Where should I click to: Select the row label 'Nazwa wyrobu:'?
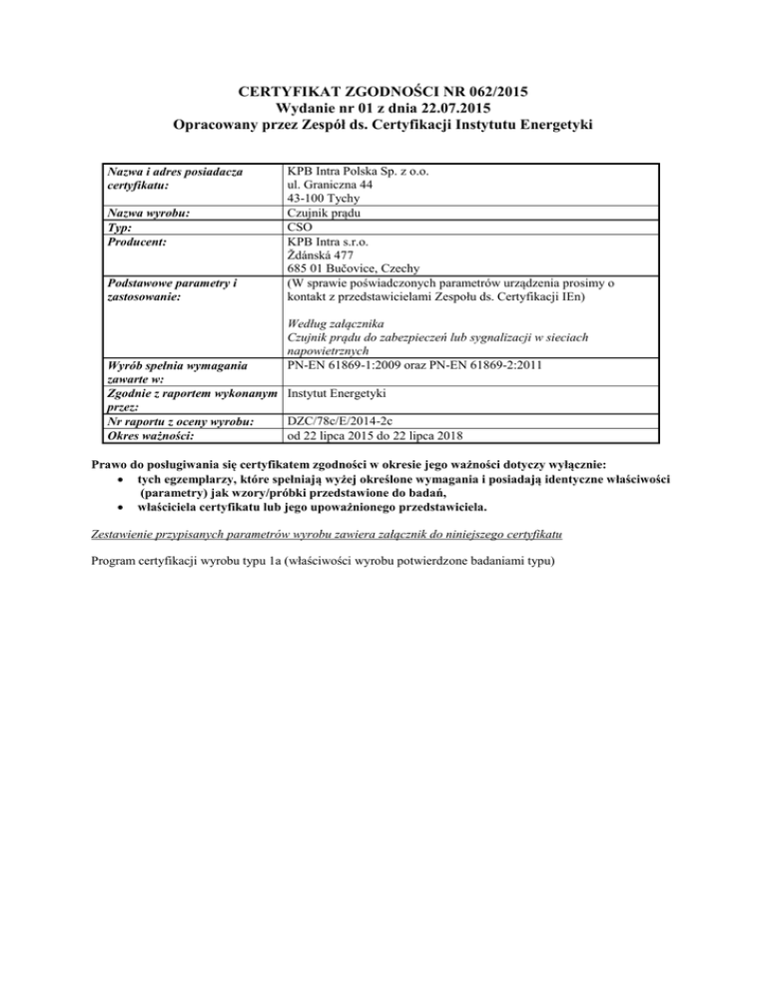click(149, 213)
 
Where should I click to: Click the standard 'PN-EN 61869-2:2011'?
click(480, 364)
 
